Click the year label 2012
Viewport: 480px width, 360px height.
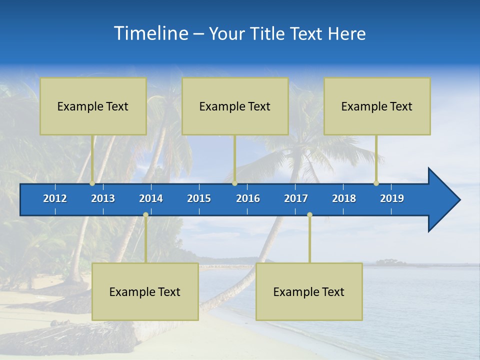[x=55, y=198]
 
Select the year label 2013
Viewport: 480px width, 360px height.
[x=103, y=198]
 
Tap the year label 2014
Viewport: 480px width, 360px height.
[x=151, y=198]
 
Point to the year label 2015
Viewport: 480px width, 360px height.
[x=199, y=198]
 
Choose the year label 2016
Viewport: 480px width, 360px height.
[x=248, y=198]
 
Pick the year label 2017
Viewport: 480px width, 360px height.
[x=296, y=198]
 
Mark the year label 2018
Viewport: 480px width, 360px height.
[x=344, y=198]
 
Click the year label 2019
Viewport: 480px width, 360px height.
[x=392, y=198]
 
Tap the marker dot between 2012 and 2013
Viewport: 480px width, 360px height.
[x=92, y=183]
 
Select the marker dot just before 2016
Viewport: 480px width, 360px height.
[x=234, y=183]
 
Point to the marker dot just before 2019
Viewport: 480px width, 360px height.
[x=376, y=183]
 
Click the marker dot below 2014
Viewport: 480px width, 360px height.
[x=145, y=215]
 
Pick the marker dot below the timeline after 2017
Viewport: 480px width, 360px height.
[x=309, y=215]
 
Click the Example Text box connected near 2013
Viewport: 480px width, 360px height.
[x=93, y=106]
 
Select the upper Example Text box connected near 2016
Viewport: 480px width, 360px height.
[x=235, y=106]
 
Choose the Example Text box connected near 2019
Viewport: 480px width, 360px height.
[x=377, y=106]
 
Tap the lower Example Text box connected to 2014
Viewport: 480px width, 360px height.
[x=145, y=291]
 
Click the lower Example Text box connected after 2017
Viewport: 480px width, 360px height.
[x=309, y=291]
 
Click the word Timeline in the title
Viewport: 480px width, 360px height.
[x=151, y=33]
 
